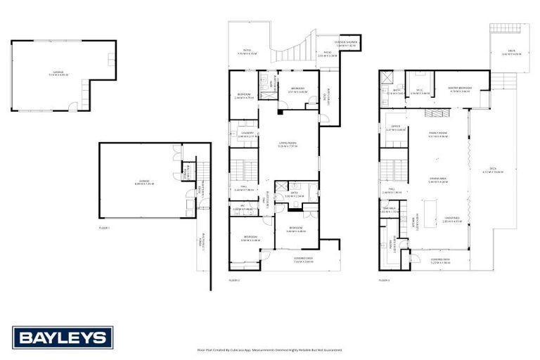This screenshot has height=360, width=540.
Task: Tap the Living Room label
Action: [288, 146]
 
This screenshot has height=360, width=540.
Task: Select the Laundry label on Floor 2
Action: [247, 134]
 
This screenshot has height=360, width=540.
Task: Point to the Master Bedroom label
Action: [459, 89]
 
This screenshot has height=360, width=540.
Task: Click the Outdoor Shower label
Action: [346, 44]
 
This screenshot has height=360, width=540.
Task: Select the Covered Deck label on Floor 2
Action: [304, 259]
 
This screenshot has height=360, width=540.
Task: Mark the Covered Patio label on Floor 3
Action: [440, 261]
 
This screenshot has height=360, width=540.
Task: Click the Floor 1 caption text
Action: [104, 229]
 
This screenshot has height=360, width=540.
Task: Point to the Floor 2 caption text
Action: [235, 280]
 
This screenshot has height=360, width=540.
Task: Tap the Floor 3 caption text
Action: [384, 280]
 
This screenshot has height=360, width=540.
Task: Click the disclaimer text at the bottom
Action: [269, 349]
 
